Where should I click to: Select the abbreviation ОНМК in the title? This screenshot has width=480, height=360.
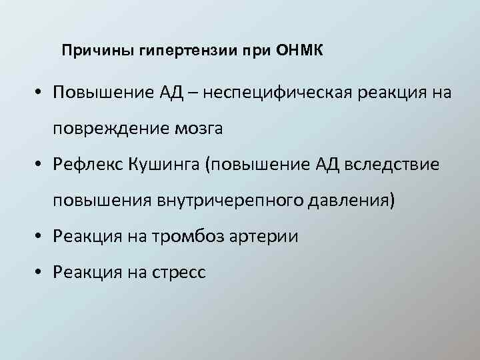298,51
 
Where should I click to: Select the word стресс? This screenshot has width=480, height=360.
179,272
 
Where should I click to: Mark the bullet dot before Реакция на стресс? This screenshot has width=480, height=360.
42,273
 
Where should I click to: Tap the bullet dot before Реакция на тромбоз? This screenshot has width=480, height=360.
42,237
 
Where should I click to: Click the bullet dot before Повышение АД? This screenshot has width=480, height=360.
42,93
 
